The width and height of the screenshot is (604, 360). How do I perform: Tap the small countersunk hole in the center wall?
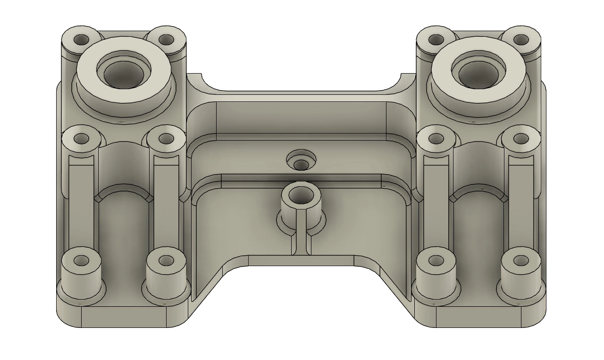click(x=301, y=164)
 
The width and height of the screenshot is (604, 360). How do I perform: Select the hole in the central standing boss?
click(x=300, y=193)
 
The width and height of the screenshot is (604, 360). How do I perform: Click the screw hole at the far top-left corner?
click(x=82, y=39)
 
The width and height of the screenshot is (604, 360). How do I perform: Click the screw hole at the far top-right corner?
click(x=520, y=39)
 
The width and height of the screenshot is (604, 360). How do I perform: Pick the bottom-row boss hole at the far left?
click(x=82, y=260)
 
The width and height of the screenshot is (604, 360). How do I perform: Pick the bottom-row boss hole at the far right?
click(x=521, y=260)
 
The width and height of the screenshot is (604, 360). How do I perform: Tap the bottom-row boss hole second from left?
click(x=166, y=260)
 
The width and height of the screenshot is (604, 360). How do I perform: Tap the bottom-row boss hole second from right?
click(x=436, y=260)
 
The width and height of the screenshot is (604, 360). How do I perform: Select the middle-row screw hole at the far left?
click(x=82, y=139)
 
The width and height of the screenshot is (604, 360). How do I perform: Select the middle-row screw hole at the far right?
click(x=520, y=139)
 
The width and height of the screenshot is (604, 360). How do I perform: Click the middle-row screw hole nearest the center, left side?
click(x=166, y=139)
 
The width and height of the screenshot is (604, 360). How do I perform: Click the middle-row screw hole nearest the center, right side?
click(x=436, y=139)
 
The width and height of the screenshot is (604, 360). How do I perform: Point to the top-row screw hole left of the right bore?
click(x=436, y=39)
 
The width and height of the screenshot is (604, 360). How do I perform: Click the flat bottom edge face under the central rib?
click(x=301, y=260)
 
